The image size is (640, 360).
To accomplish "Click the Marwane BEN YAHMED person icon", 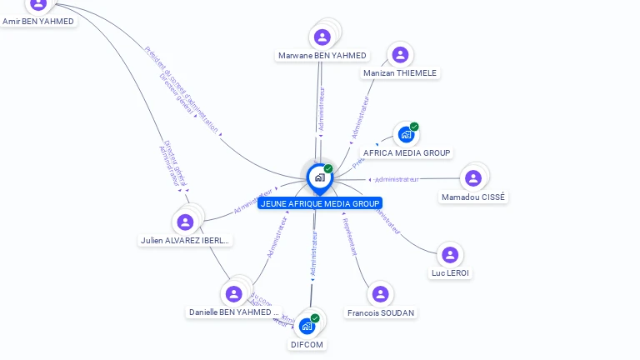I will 322,37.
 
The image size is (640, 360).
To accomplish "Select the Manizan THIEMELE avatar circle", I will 400,55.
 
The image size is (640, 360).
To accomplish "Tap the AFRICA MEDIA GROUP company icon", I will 406,134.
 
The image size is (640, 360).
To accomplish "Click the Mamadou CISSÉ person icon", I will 473,177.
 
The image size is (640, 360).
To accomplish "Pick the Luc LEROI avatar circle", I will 450,254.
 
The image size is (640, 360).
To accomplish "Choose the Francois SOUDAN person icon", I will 380,294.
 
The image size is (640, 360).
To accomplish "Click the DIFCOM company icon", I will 307,325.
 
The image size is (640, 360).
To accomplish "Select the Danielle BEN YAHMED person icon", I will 234,293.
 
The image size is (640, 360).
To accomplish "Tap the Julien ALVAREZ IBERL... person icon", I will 186,222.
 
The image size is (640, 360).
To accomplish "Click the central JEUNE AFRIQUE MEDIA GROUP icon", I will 318,177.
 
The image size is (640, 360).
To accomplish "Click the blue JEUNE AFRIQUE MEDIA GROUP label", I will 320,203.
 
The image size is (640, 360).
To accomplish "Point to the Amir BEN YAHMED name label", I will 38,21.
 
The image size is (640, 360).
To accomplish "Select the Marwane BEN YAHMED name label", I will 322,56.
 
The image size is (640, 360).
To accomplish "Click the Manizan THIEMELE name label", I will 400,73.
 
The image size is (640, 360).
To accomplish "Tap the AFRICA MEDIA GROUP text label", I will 407,153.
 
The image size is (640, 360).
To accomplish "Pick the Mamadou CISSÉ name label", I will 473,197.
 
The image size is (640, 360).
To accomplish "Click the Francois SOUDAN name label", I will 381,312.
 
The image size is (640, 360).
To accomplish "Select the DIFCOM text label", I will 307,343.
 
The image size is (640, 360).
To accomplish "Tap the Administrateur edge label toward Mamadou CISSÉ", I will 397,179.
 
